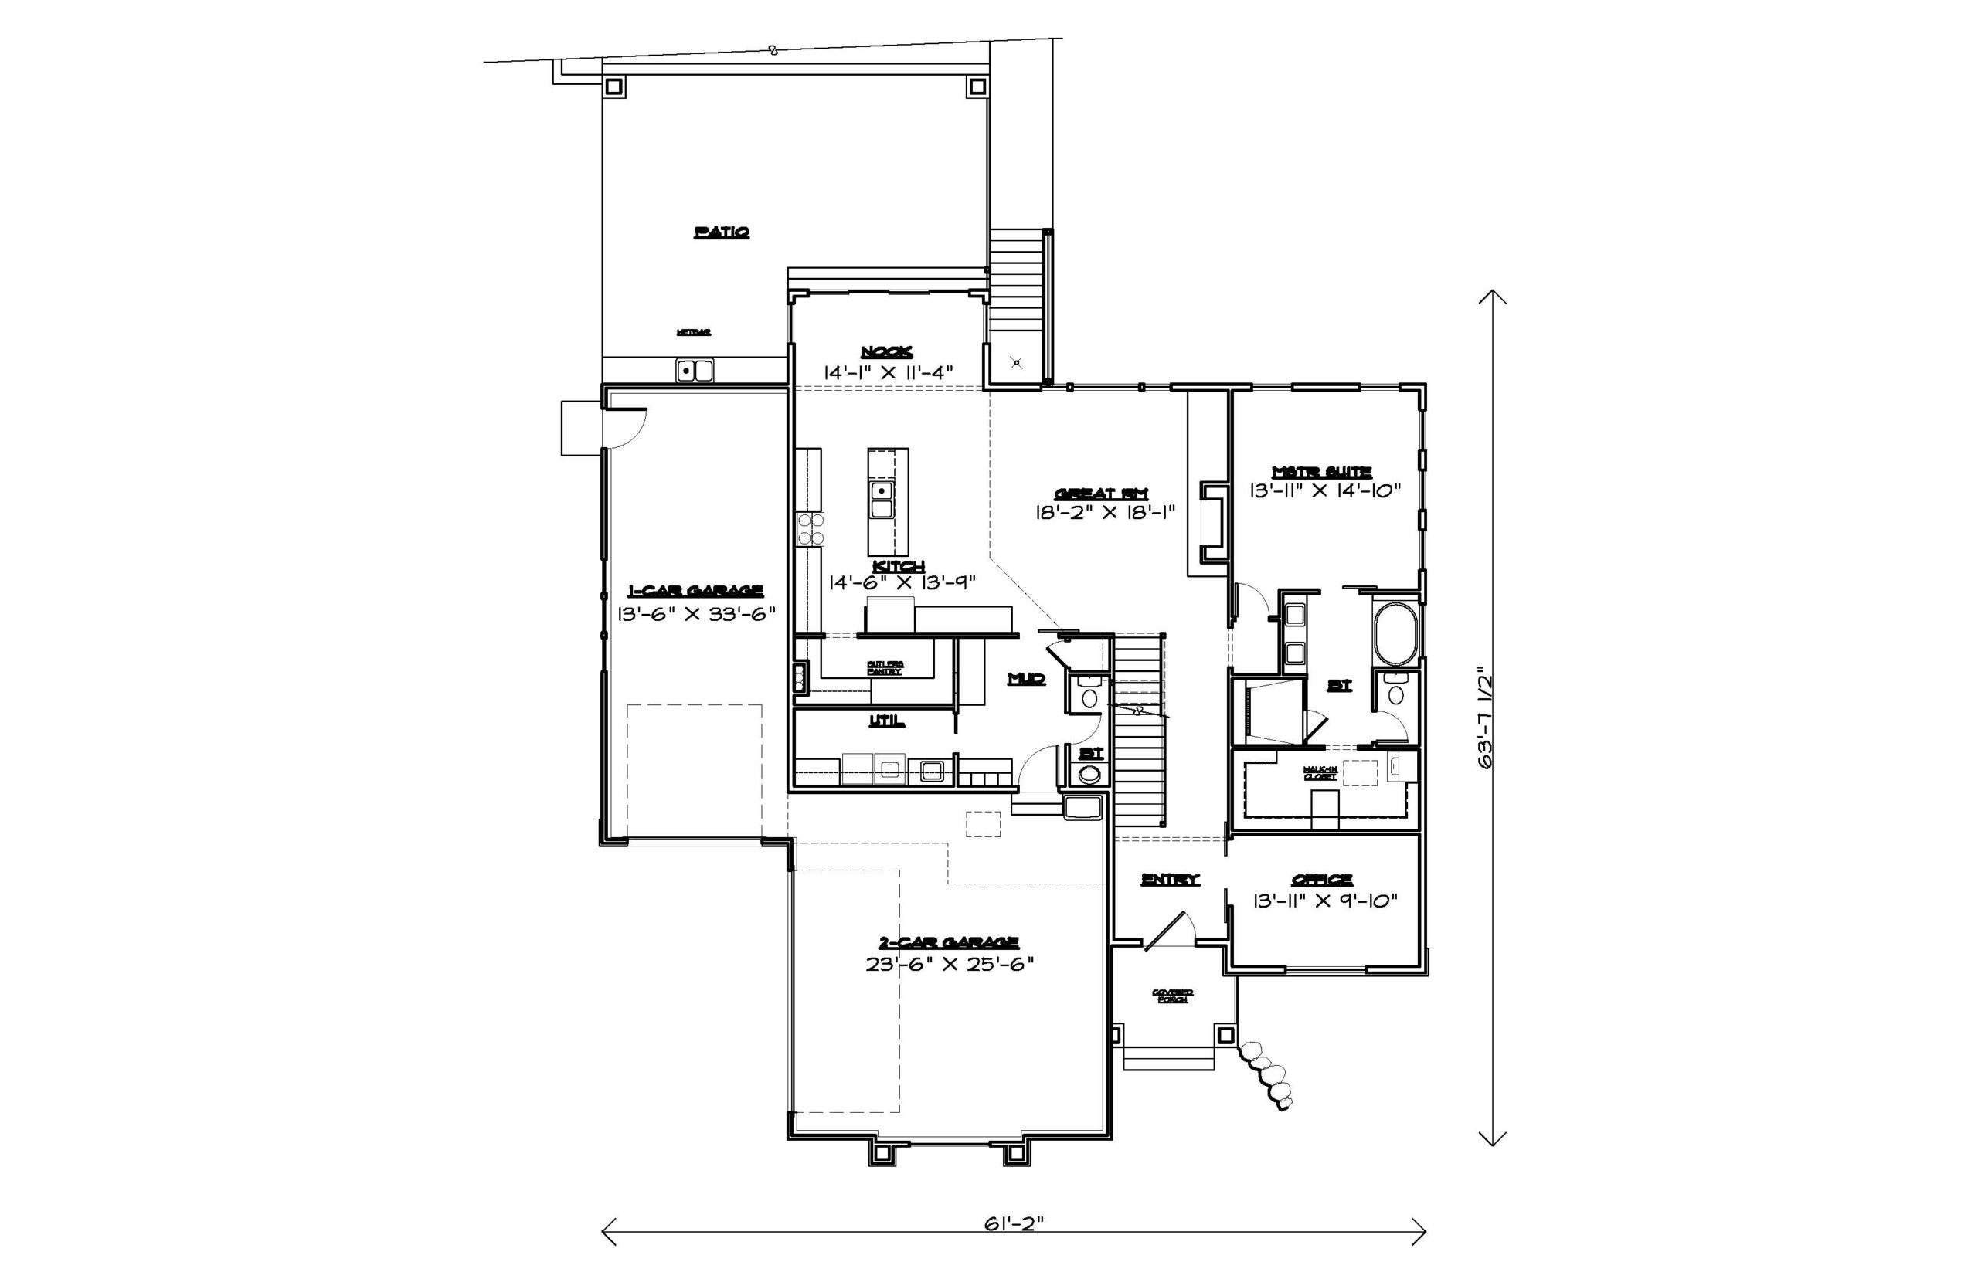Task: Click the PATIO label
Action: (x=721, y=232)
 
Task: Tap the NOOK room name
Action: (x=885, y=351)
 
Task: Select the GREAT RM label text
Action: (x=1101, y=493)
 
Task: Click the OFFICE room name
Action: (x=1321, y=879)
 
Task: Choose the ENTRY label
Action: (x=1170, y=879)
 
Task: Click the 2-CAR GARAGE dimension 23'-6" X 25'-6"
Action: (x=949, y=964)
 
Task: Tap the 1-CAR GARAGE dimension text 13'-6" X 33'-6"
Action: (x=696, y=614)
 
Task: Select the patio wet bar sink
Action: (x=695, y=371)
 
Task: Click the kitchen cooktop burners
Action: (x=810, y=529)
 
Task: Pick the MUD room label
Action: (x=1025, y=679)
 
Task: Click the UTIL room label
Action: (x=886, y=721)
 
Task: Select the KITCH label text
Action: (x=899, y=565)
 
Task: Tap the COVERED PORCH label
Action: (x=1172, y=995)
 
